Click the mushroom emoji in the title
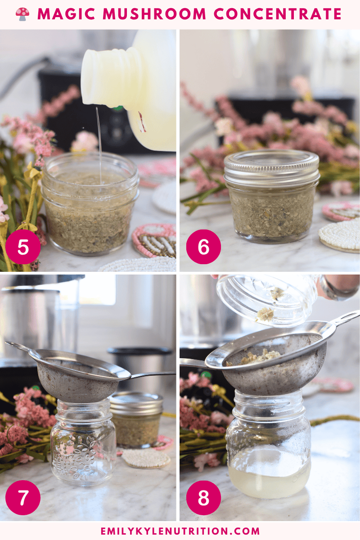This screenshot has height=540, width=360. coord(22,14)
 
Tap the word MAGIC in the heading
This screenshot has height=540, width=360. coord(66,14)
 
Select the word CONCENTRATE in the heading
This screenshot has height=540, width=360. coord(278,14)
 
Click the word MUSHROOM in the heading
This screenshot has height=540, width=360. coord(154,14)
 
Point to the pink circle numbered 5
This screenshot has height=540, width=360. coord(23,247)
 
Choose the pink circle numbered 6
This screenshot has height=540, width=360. coord(203,247)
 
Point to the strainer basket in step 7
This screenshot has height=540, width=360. coord(77,376)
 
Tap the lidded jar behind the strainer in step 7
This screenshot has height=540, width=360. coord(137,419)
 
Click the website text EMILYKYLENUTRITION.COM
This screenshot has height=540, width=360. coord(180,531)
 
